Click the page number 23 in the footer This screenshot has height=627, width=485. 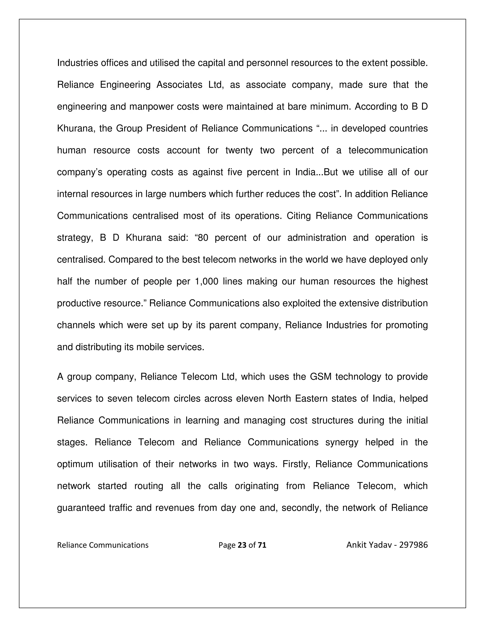coord(242,545)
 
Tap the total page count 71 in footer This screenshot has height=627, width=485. coord(262,545)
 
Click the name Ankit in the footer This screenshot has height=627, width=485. coord(356,545)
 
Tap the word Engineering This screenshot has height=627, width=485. coord(125,85)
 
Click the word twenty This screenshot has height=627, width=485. coord(239,150)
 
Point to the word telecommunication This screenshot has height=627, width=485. coord(388,150)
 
